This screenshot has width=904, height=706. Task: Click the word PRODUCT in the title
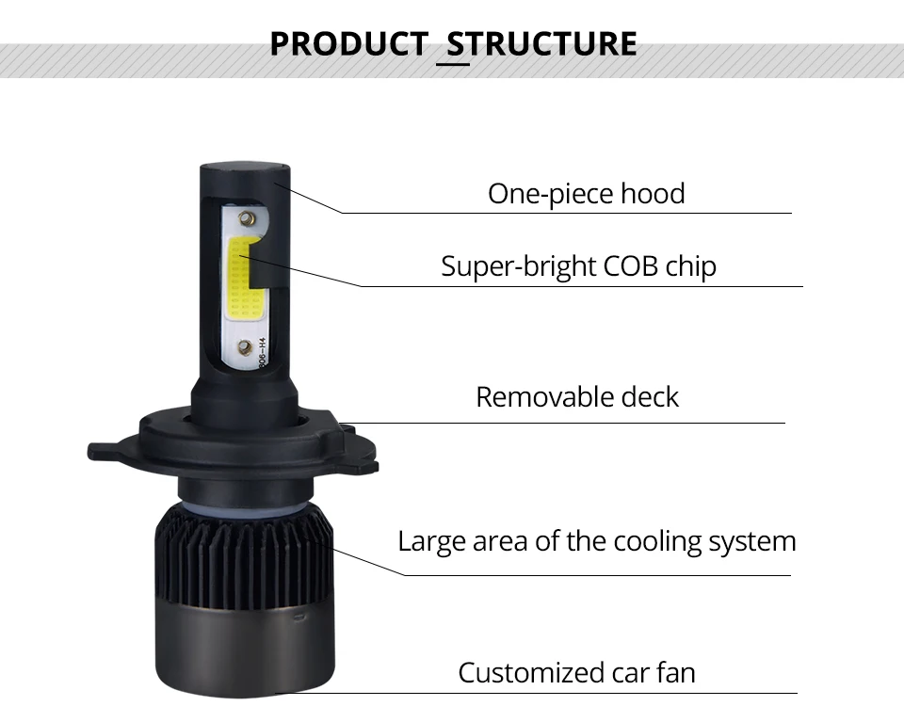pos(348,43)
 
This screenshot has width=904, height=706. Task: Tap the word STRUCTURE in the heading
pos(542,43)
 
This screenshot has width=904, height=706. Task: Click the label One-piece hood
pos(587,194)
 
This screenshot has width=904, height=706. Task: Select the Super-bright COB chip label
pos(578,266)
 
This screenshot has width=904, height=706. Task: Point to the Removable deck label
pos(577,397)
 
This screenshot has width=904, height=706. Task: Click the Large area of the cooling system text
pos(597,542)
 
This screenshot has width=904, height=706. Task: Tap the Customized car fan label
pos(576,672)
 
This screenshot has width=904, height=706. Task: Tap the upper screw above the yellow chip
pos(246,217)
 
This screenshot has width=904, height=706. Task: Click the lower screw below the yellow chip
pos(245,347)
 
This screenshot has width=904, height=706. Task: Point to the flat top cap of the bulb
pos(245,168)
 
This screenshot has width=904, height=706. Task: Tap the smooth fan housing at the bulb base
pos(245,651)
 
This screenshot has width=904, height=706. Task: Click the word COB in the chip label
pos(630,266)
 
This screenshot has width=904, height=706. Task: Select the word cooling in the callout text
pos(656,542)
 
